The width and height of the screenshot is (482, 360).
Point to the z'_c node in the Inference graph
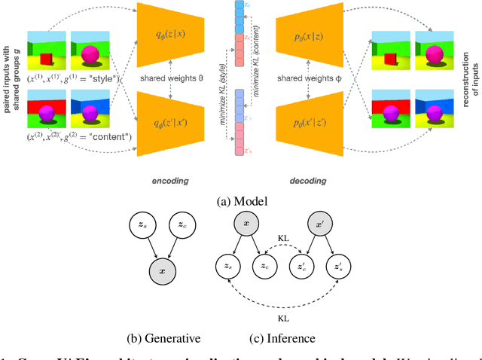(298, 265)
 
